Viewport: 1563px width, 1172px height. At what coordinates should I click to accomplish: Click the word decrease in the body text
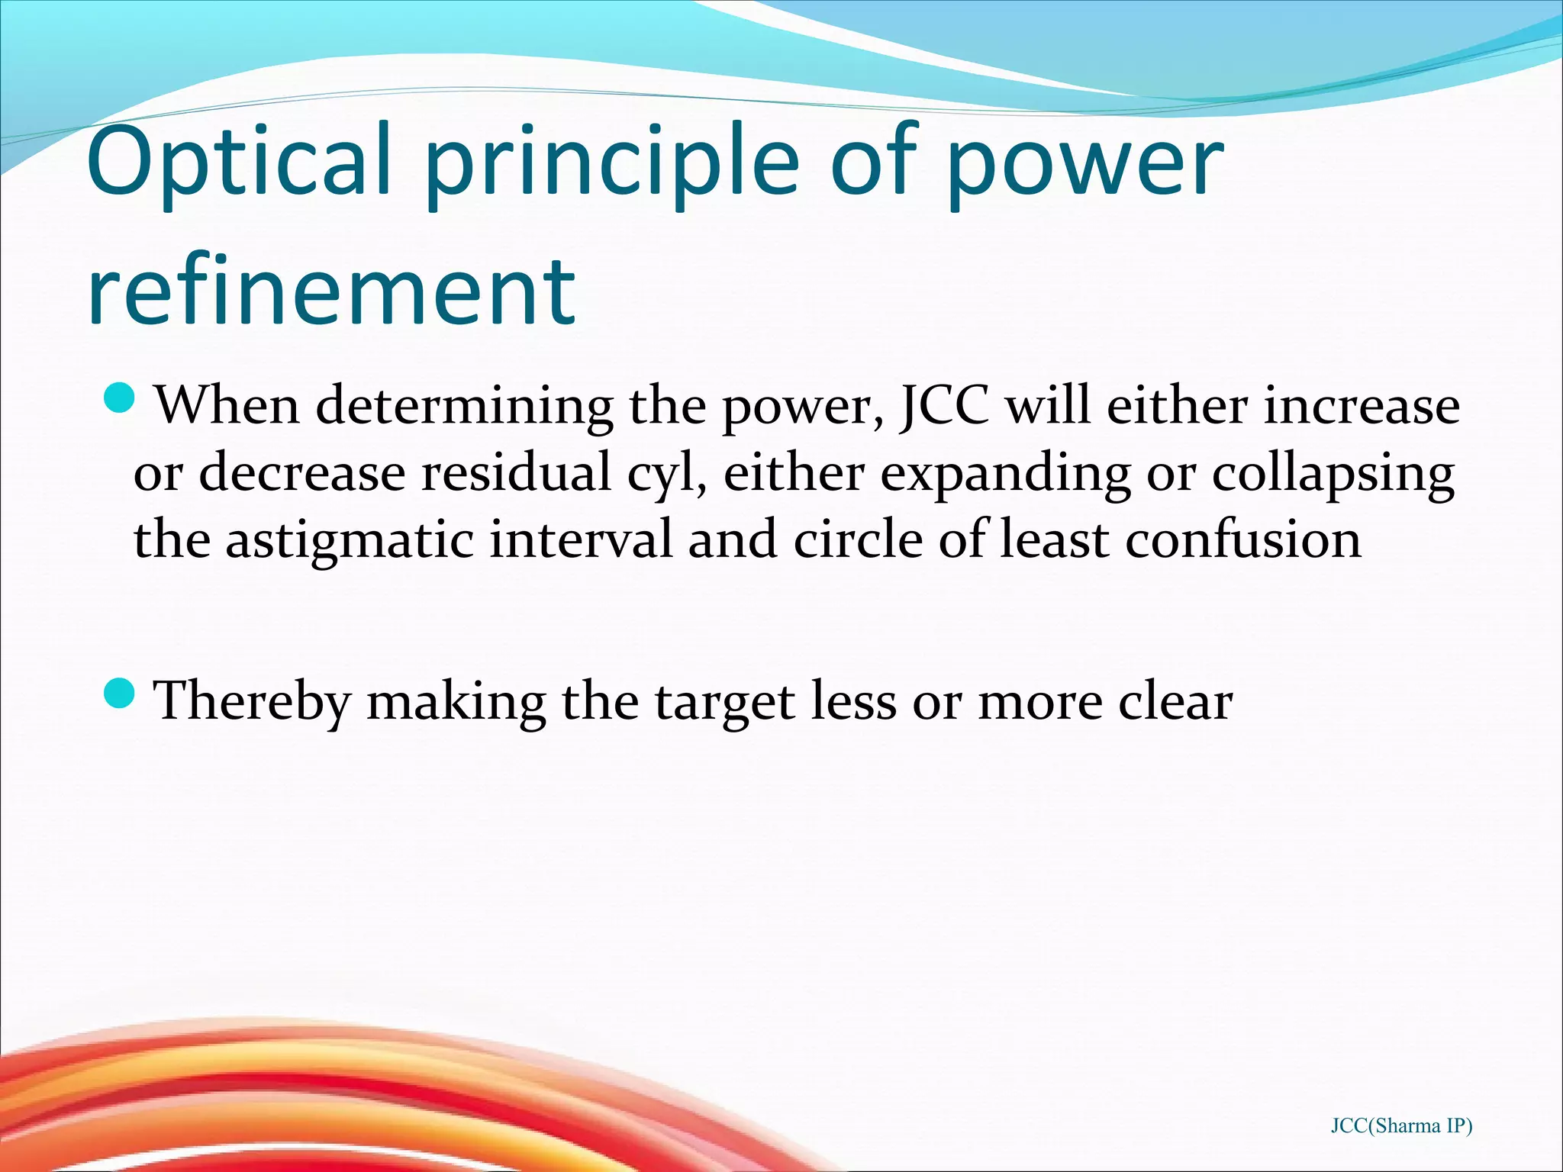point(302,472)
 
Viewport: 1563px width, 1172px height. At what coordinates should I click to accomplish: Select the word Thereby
point(253,700)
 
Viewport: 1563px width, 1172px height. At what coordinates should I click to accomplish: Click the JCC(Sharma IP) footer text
point(1401,1125)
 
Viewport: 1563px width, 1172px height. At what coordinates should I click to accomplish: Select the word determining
point(464,406)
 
